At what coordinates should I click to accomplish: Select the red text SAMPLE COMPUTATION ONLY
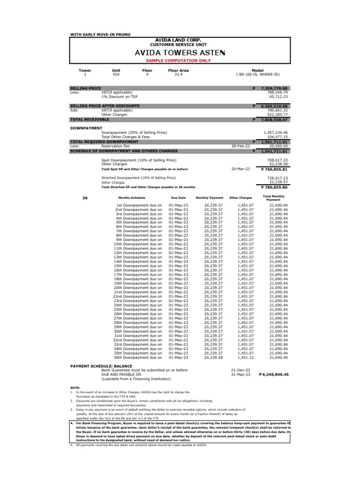click(180, 61)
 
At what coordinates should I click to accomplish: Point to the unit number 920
click(116, 74)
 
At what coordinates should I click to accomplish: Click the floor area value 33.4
click(178, 74)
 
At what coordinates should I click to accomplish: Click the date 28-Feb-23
click(240, 146)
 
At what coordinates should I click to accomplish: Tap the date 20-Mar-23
click(240, 169)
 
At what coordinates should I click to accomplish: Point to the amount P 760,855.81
click(274, 169)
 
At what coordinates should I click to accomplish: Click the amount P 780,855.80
click(274, 187)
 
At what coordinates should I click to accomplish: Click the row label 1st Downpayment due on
click(139, 205)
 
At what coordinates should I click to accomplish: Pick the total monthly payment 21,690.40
click(279, 358)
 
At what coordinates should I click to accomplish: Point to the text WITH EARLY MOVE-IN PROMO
click(100, 35)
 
